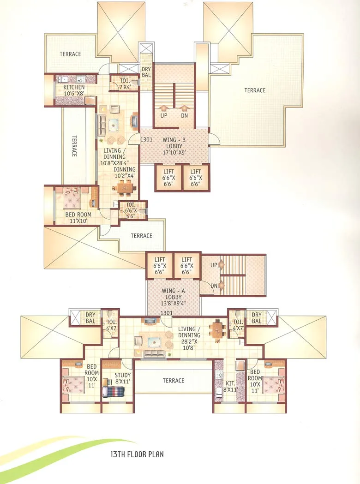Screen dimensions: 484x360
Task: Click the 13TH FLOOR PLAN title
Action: (131, 454)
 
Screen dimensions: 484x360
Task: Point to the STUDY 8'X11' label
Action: (122, 378)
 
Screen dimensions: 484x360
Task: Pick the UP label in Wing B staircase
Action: (163, 116)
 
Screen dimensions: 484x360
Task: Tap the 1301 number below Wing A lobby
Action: (167, 314)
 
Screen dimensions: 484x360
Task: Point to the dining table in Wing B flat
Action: (125, 188)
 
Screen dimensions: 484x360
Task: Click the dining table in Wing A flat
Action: (216, 330)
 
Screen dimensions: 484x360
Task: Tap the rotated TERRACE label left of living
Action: (74, 146)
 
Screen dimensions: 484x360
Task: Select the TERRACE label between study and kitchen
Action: (173, 381)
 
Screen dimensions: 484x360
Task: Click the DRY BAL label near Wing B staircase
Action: (146, 72)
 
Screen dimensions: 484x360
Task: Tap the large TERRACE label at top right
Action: (255, 90)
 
